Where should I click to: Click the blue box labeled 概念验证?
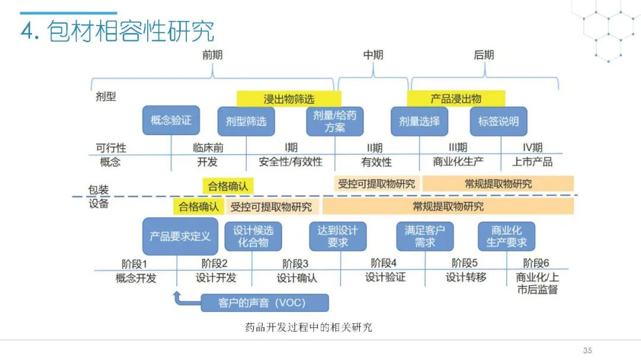[171, 120]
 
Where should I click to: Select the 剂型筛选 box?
[246, 122]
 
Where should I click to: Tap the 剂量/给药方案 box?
[335, 121]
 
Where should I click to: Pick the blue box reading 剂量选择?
[419, 122]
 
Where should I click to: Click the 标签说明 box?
[499, 122]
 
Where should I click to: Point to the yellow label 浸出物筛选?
[289, 99]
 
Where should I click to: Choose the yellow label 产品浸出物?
[456, 99]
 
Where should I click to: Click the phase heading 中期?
[373, 55]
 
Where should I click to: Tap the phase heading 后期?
[484, 55]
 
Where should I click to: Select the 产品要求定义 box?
[180, 236]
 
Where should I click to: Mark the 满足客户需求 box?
[425, 236]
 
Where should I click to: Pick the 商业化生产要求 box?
[506, 236]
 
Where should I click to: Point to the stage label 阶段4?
[384, 263]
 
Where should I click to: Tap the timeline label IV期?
[532, 148]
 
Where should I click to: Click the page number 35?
[588, 350]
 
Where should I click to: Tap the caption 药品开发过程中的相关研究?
[309, 327]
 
